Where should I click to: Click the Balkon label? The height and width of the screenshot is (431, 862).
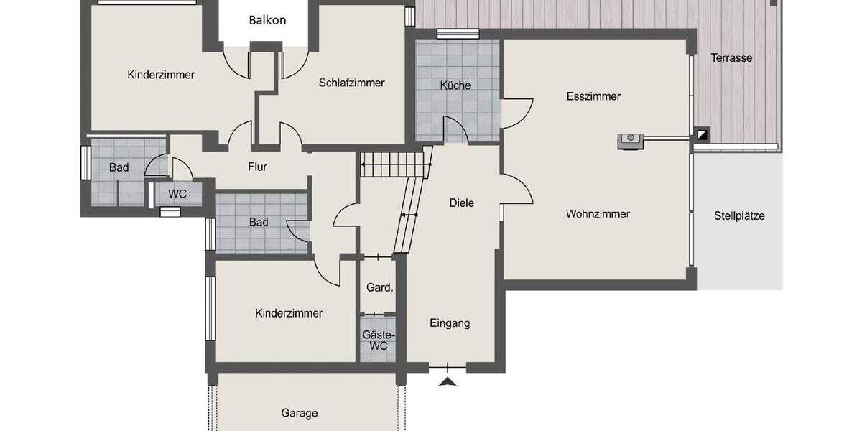coord(267,20)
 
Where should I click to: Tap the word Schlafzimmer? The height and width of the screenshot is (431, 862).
coord(351,83)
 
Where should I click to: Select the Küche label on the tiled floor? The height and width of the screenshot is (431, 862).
coord(455,85)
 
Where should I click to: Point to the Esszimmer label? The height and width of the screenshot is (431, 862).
coord(593,96)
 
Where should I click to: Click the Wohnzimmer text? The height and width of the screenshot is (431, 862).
coord(598,214)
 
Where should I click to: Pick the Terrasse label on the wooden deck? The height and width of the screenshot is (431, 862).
coord(731,58)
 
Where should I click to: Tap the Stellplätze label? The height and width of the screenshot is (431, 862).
coord(739,215)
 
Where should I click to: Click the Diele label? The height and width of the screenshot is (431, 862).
coord(461,203)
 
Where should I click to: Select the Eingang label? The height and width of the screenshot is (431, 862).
coord(450,323)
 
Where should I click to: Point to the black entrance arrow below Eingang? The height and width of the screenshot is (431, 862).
coord(448,381)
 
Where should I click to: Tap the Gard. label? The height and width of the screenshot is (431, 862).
coord(379,288)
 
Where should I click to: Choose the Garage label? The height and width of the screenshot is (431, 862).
coord(299,413)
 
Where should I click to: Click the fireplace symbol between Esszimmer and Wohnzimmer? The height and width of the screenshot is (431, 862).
coord(631,140)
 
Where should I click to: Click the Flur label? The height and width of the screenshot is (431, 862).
coord(257,167)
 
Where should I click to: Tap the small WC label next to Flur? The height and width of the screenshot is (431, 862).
coord(177,194)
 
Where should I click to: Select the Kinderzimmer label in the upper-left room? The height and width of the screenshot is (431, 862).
coord(161,75)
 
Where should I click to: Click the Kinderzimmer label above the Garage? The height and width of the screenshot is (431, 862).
coord(289,313)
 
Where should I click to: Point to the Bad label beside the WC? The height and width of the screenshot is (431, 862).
coord(119,168)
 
